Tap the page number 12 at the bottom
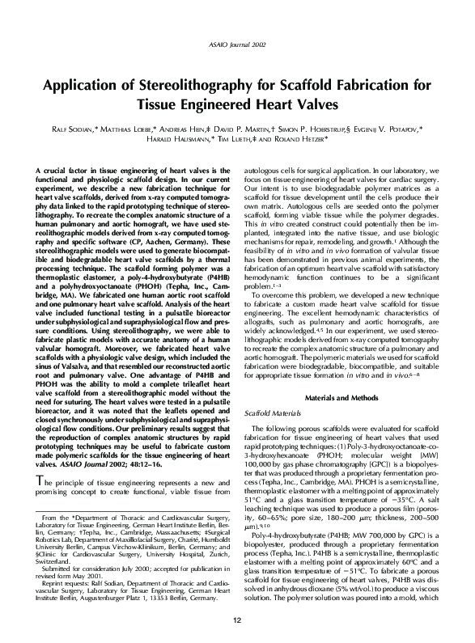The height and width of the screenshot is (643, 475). pos(237,620)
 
